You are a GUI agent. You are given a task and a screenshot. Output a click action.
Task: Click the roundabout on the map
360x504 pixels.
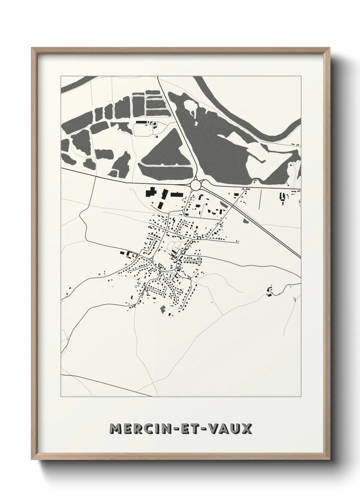(196, 185)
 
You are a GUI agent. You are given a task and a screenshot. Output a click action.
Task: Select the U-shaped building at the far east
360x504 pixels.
(282, 197)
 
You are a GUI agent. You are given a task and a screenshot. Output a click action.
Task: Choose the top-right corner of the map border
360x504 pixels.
(301, 76)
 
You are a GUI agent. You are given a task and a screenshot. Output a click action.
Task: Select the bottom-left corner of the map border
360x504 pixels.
(61, 396)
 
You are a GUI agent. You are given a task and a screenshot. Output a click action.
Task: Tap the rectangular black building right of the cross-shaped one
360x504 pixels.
(177, 194)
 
